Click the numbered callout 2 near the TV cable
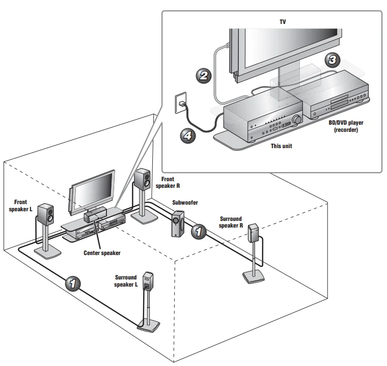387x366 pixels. [x=204, y=76]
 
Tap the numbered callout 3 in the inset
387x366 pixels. [x=332, y=60]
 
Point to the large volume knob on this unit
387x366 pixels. [x=296, y=120]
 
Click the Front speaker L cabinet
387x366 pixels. [x=47, y=214]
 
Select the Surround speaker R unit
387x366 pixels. [x=254, y=234]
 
